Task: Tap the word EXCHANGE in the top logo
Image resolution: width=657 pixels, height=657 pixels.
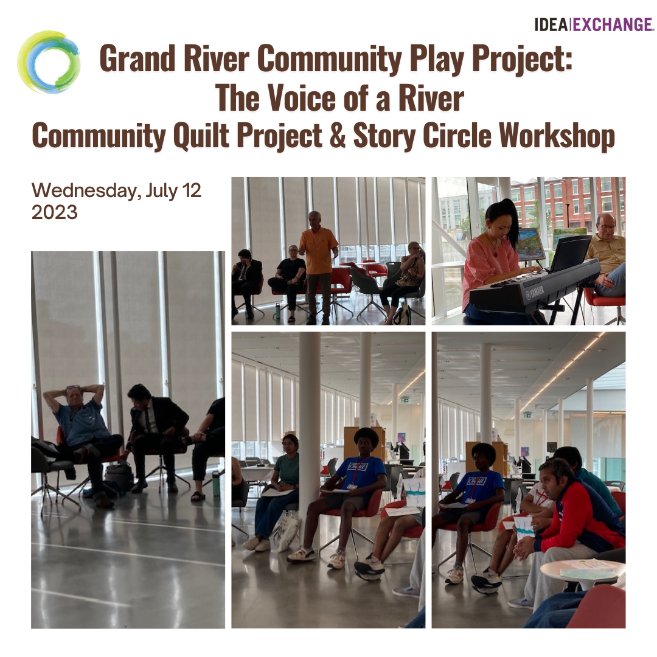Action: click(x=612, y=25)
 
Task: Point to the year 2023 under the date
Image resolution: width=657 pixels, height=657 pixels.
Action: click(x=55, y=212)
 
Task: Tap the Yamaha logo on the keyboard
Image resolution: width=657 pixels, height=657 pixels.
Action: click(x=534, y=291)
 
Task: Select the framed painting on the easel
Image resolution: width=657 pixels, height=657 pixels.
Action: click(x=530, y=243)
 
